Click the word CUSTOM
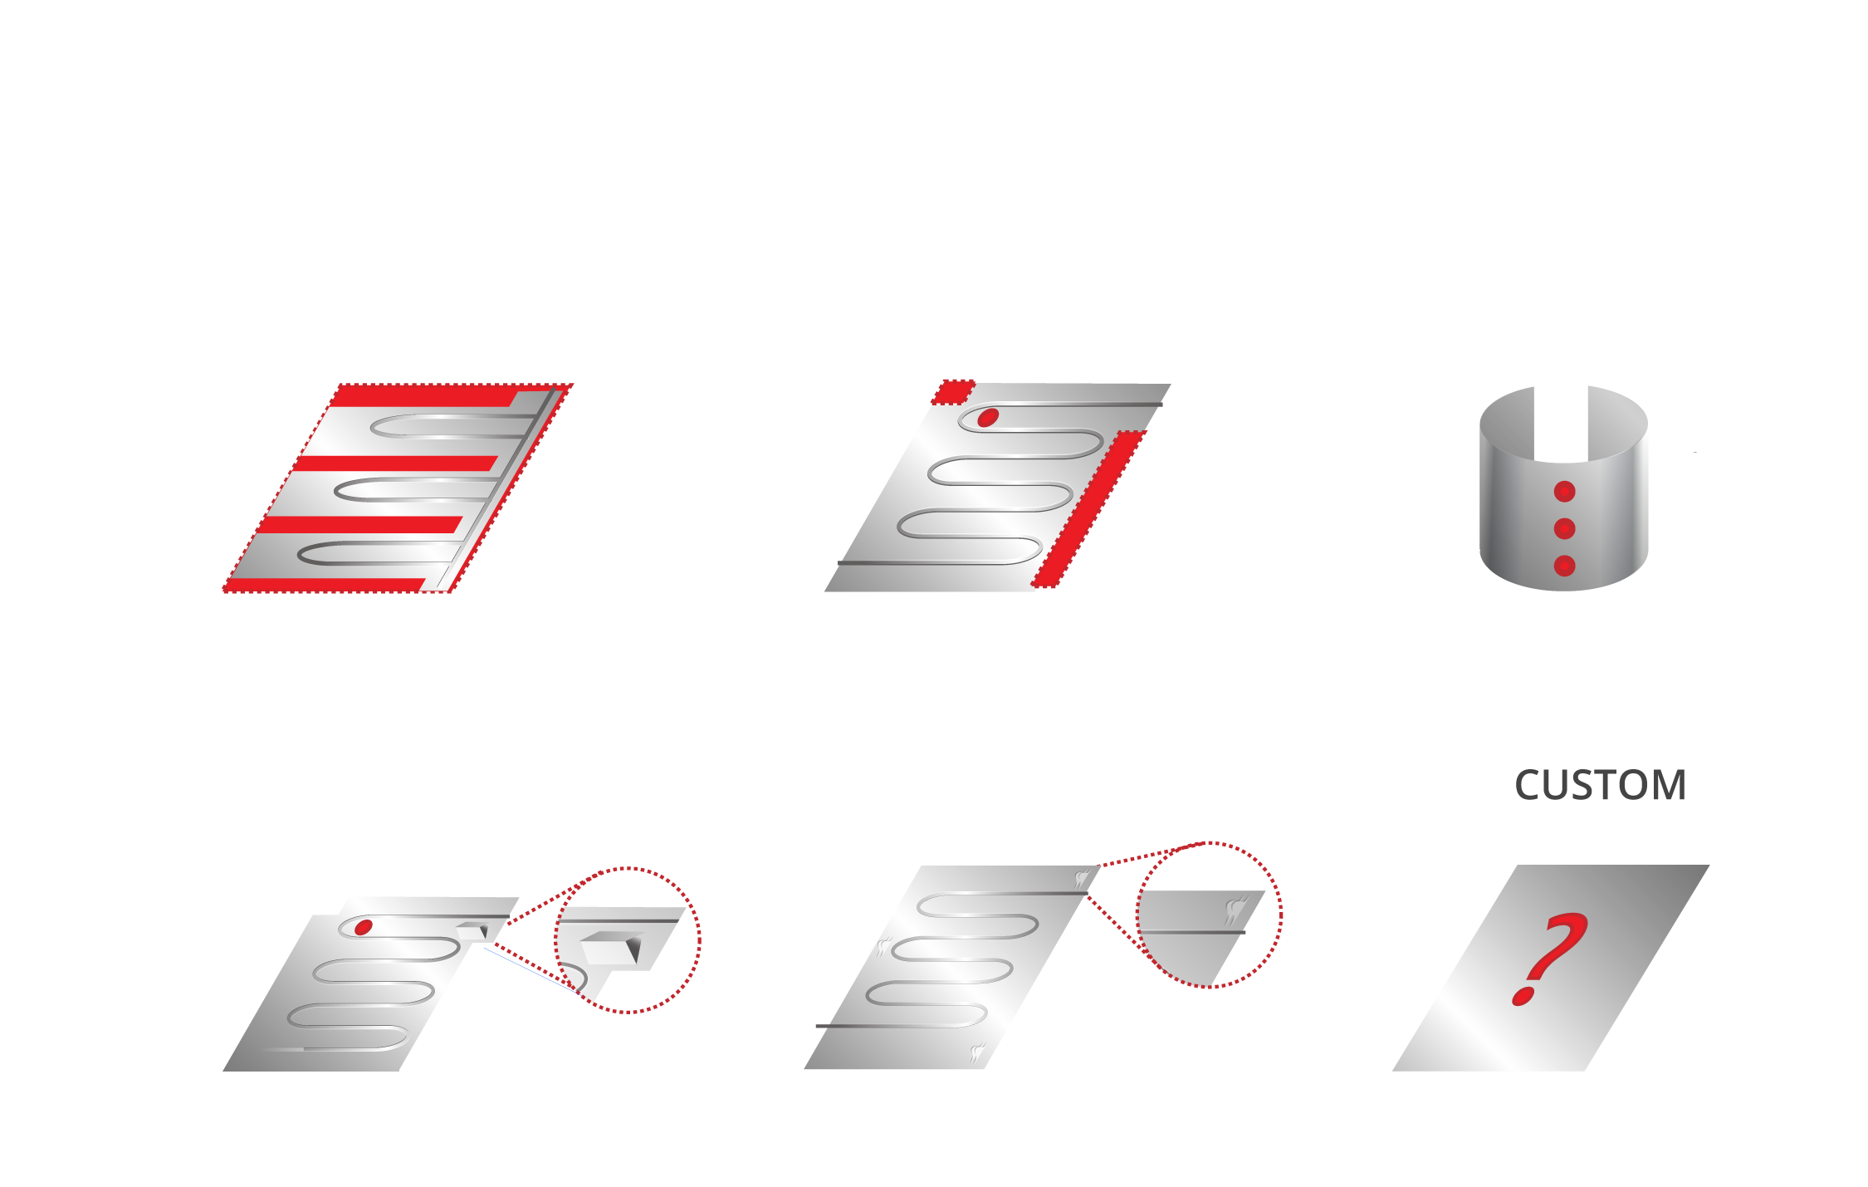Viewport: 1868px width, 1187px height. tap(1600, 785)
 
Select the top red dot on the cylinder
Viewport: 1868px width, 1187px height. tap(1564, 492)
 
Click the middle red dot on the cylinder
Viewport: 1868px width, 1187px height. tap(1564, 528)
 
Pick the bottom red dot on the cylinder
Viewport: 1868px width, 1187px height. tap(1564, 567)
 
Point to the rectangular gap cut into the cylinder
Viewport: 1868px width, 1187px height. tap(1561, 424)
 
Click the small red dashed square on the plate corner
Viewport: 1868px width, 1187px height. tap(952, 392)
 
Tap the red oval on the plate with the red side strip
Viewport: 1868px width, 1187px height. tap(988, 417)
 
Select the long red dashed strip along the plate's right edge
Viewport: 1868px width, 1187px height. tap(1088, 508)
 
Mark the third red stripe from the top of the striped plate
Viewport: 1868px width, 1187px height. tap(360, 524)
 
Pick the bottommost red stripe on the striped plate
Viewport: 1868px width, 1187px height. tap(326, 585)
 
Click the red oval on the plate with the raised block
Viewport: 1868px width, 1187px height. tap(363, 927)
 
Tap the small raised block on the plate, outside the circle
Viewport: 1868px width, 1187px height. tap(473, 931)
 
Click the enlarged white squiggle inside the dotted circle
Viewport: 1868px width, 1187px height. tap(1236, 910)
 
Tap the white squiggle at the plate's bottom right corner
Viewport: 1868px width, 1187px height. tap(978, 1053)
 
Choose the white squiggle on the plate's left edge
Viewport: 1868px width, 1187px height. tap(883, 947)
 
